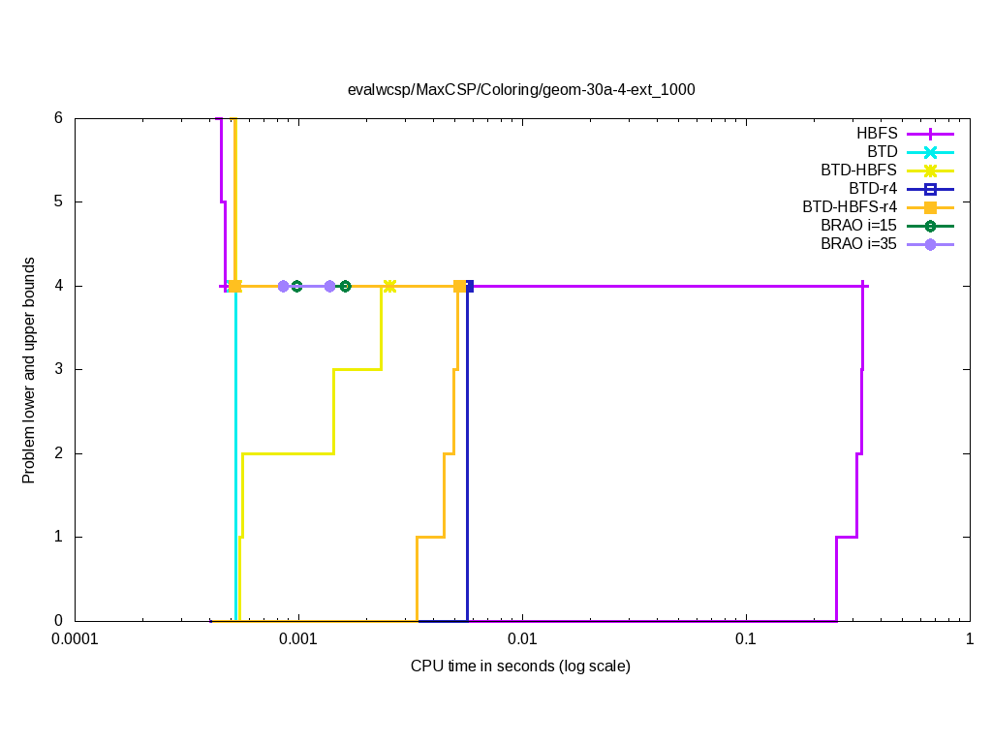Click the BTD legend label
(882, 151)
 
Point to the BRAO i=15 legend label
(858, 226)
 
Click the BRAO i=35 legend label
(858, 244)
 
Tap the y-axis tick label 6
(58, 118)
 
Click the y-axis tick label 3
(58, 369)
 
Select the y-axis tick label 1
(58, 537)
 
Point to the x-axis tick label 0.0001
(76, 640)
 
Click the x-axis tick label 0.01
(522, 640)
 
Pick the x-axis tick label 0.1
(745, 640)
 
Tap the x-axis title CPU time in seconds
(520, 666)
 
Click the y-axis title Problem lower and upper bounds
(29, 370)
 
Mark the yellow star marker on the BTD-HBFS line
(389, 286)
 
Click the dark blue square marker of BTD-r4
(469, 286)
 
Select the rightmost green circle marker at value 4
(345, 286)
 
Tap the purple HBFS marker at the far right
(862, 286)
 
